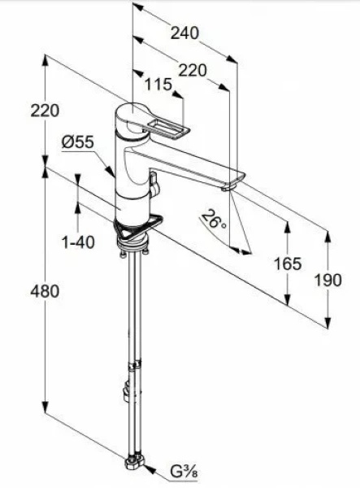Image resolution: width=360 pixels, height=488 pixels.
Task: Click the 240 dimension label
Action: [x=184, y=33]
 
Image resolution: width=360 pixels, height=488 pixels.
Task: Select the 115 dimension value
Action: [x=158, y=85]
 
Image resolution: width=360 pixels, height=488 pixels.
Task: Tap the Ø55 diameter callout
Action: [x=78, y=142]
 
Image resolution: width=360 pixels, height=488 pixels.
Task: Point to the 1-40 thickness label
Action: [x=78, y=242]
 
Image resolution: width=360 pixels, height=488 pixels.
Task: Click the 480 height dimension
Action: [x=45, y=292]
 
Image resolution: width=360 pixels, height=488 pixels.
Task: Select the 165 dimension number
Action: [x=288, y=264]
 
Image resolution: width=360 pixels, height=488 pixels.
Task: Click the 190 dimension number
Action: [x=328, y=280]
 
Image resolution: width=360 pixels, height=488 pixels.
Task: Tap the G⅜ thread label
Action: [x=184, y=473]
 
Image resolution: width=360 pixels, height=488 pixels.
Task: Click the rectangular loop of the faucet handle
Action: [x=168, y=130]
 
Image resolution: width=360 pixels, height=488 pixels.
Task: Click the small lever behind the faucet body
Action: [x=154, y=184]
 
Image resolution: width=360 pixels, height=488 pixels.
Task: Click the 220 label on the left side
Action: [x=45, y=111]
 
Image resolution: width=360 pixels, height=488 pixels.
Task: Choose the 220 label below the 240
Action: [x=193, y=70]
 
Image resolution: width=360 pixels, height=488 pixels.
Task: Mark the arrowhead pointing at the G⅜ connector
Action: [x=150, y=469]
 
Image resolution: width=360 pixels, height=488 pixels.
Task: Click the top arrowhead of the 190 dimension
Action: [x=328, y=236]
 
